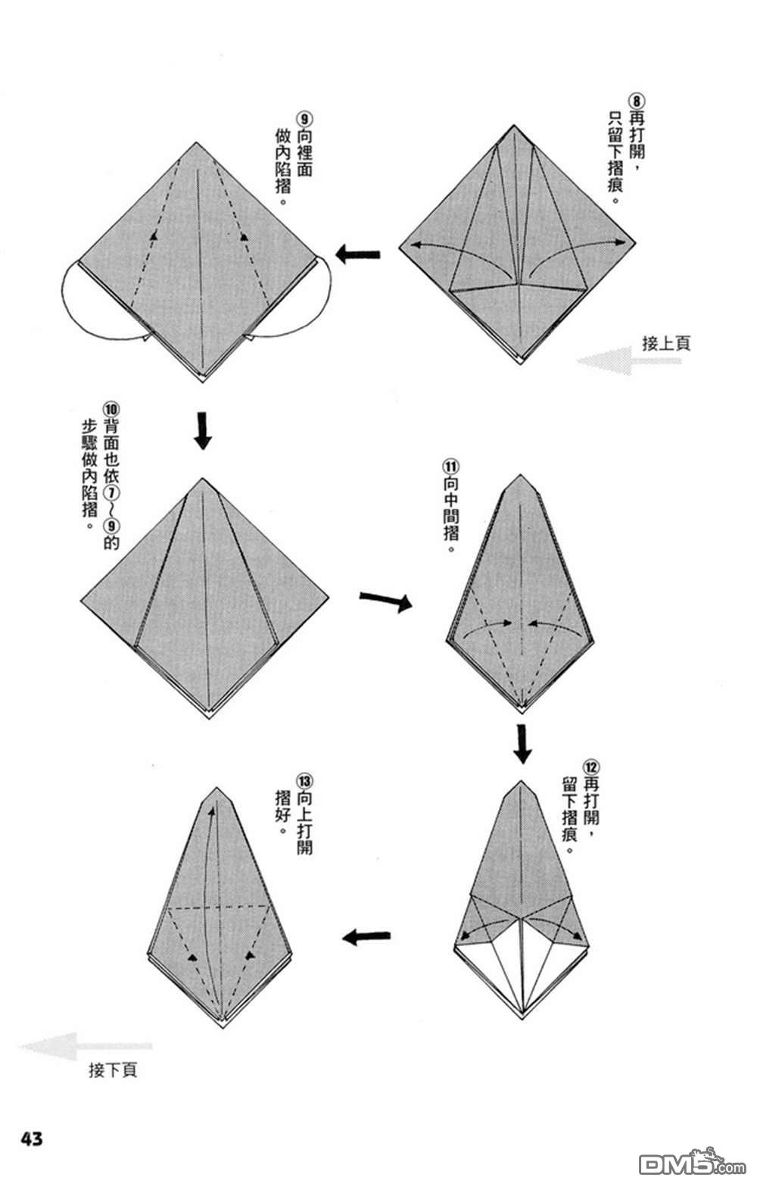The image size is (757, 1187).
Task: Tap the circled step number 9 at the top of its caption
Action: (x=304, y=119)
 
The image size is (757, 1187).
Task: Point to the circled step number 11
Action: (x=451, y=466)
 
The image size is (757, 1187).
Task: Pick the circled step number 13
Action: (x=304, y=781)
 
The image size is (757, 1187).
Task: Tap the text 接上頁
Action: (x=666, y=343)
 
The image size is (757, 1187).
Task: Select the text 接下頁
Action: (x=113, y=1070)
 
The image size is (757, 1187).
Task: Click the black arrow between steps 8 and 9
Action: (x=357, y=254)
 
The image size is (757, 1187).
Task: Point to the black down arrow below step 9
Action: (x=202, y=430)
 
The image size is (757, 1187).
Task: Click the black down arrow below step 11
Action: (x=522, y=744)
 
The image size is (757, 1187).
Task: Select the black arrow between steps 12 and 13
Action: (x=366, y=937)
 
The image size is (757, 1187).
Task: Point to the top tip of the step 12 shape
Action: (x=522, y=780)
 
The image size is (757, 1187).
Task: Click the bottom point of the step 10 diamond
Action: (x=210, y=717)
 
